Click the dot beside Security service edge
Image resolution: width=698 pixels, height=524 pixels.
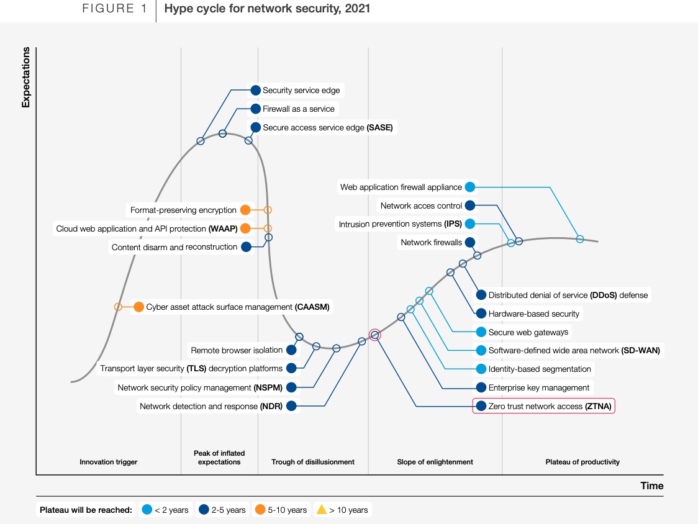point(255,90)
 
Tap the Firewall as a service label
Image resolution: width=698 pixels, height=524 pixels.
point(298,109)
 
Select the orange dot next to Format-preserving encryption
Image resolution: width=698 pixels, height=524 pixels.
point(245,210)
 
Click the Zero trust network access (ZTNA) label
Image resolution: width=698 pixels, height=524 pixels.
point(550,406)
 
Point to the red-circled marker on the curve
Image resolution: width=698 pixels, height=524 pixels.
point(374,335)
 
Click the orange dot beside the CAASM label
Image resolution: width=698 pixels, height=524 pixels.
point(138,307)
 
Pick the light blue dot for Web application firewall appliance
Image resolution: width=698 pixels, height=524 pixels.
point(470,187)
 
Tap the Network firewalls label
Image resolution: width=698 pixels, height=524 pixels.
point(431,242)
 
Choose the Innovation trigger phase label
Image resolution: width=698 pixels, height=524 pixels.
point(109,462)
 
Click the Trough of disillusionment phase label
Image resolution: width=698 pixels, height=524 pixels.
point(313,462)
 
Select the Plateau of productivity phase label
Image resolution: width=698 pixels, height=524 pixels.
point(582,462)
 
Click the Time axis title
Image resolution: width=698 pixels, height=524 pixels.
point(652,486)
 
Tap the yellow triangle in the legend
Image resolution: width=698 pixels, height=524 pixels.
point(321,510)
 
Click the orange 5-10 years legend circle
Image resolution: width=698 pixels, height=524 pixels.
point(261,510)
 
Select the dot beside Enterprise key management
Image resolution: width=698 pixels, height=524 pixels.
point(481,387)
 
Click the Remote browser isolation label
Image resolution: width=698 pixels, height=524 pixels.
point(237,350)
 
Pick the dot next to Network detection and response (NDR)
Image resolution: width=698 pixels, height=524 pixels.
point(291,407)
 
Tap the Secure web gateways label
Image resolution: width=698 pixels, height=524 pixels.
point(528,332)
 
